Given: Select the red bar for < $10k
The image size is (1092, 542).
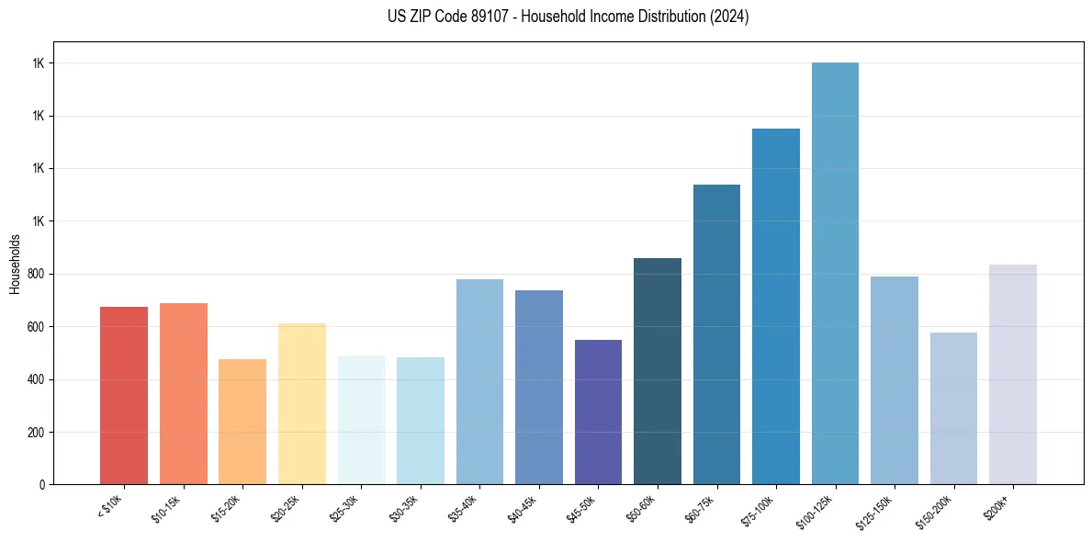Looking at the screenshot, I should tap(124, 395).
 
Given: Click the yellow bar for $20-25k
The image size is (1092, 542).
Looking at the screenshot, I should tap(302, 403).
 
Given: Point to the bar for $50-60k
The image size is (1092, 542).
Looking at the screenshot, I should tap(658, 371).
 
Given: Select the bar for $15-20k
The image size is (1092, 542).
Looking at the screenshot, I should tap(242, 422).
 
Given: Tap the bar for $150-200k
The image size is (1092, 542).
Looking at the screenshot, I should tap(953, 408).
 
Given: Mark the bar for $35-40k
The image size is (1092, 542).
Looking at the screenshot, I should tap(479, 381).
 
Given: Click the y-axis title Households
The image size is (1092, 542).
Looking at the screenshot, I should tap(15, 264).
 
